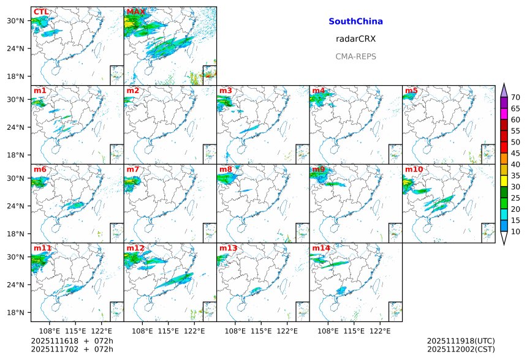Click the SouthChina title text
pyautogui.click(x=355, y=21)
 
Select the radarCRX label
pyautogui.click(x=355, y=39)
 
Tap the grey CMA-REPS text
pyautogui.click(x=355, y=56)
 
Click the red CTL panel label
pyautogui.click(x=41, y=12)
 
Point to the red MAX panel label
pyautogui.click(x=135, y=12)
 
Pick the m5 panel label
pyautogui.click(x=411, y=91)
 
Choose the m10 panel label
pyautogui.click(x=413, y=170)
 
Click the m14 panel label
pyautogui.click(x=320, y=249)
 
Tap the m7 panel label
pyautogui.click(x=133, y=170)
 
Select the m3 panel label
pyautogui.click(x=226, y=91)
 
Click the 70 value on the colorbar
pyautogui.click(x=515, y=97)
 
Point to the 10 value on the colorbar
pyautogui.click(x=515, y=231)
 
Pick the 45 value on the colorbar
pyautogui.click(x=515, y=153)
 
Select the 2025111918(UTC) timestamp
pyautogui.click(x=460, y=341)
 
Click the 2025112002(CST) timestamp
pyautogui.click(x=460, y=349)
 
